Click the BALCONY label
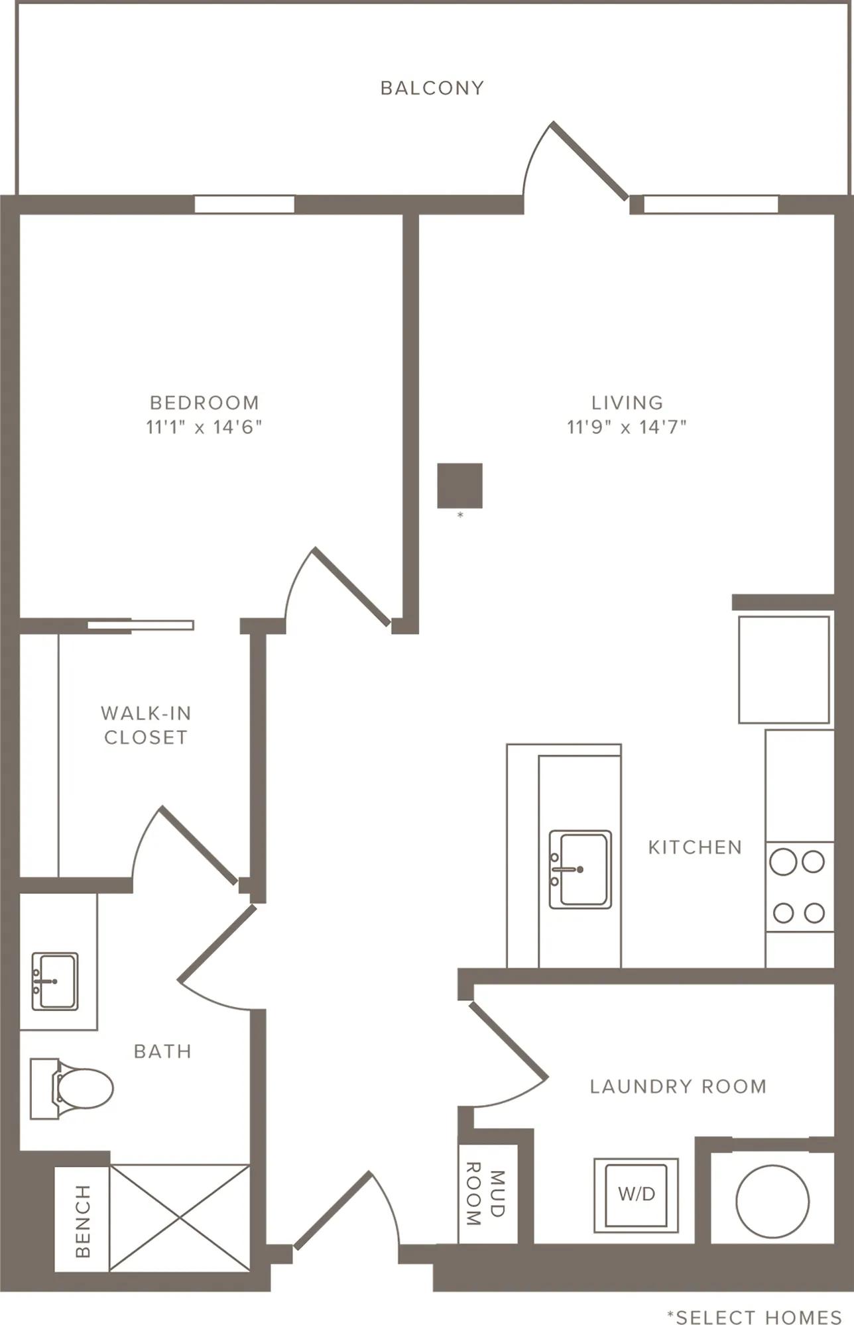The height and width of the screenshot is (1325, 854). (x=432, y=88)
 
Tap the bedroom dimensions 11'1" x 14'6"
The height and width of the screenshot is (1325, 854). (x=204, y=427)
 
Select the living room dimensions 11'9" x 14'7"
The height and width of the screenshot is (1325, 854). (x=627, y=427)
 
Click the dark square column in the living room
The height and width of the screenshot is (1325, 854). (x=459, y=486)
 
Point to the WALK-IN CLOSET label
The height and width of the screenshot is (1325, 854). (x=146, y=725)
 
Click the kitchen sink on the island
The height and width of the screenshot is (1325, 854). (x=580, y=869)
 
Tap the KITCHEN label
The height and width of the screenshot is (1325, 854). (x=695, y=847)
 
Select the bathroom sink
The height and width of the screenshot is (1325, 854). (x=55, y=981)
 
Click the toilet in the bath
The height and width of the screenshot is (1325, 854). (x=72, y=1088)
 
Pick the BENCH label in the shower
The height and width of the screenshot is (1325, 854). (x=83, y=1221)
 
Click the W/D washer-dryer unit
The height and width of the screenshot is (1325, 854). (x=636, y=1194)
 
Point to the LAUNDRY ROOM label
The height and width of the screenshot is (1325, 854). (x=678, y=1086)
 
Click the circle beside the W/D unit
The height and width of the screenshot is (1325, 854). (x=772, y=1201)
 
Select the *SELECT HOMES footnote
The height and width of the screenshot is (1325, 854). (x=755, y=1318)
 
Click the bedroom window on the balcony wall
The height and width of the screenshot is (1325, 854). (x=244, y=204)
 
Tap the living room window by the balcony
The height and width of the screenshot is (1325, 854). (x=711, y=204)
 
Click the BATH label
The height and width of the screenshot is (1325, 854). (x=162, y=1051)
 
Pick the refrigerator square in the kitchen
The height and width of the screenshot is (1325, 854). (x=784, y=670)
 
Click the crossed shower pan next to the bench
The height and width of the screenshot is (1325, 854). (x=180, y=1218)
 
